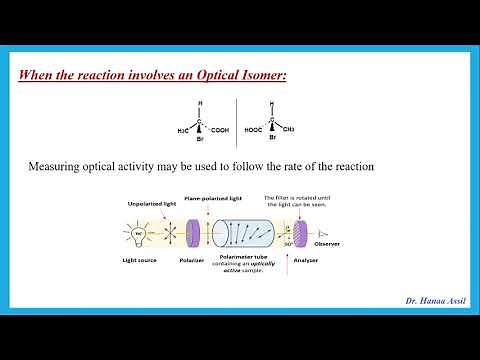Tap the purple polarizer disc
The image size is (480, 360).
click(193, 239)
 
